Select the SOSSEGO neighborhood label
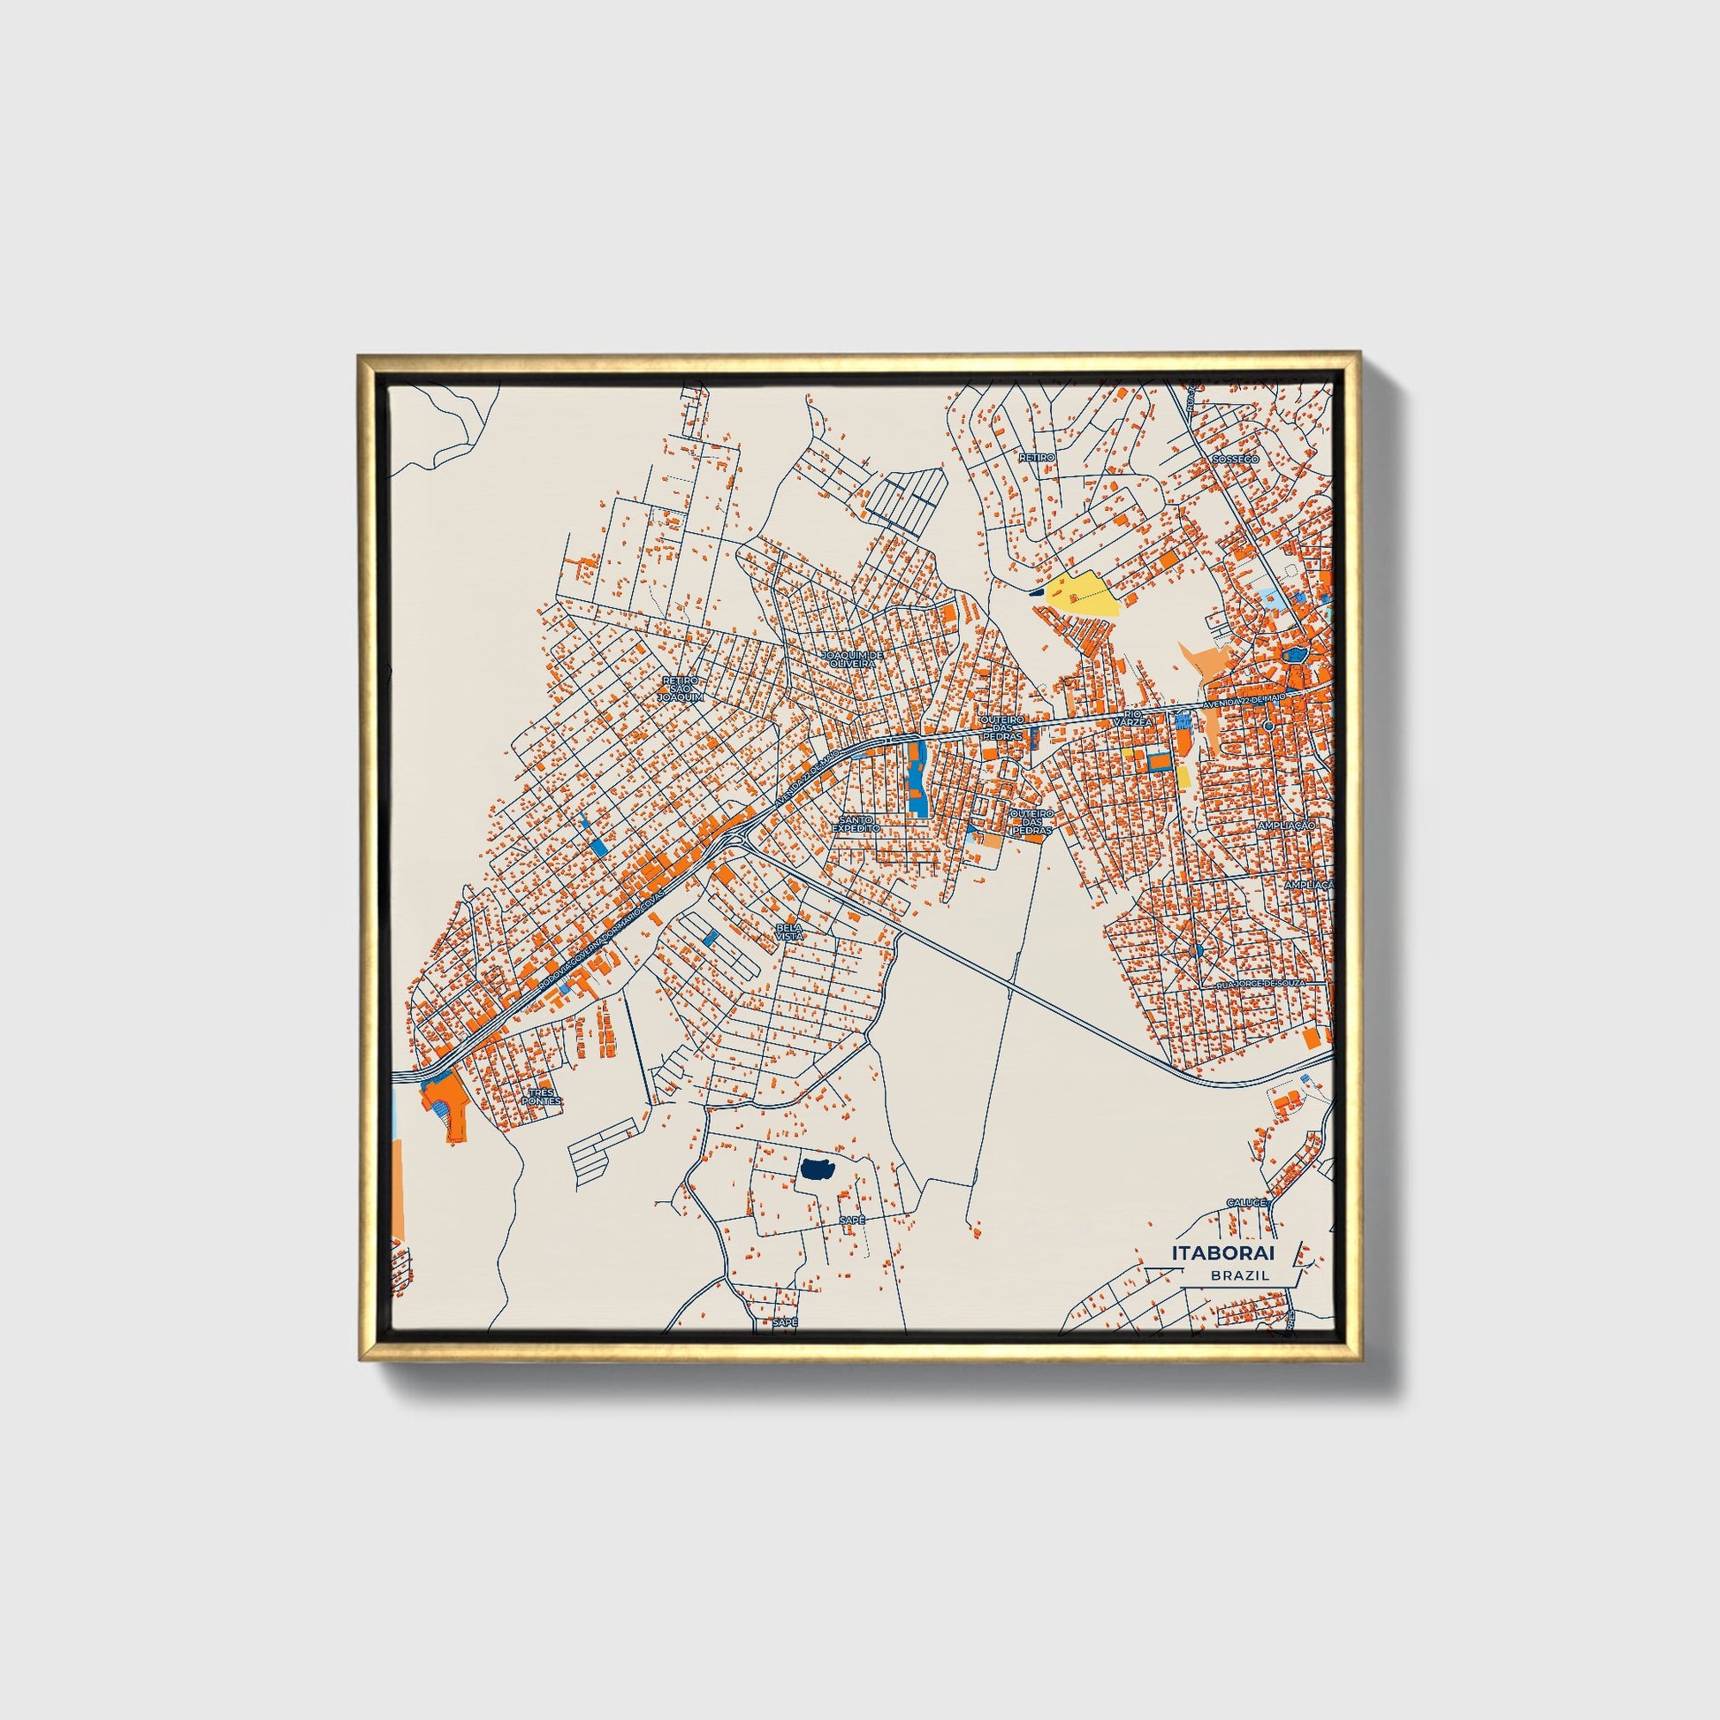coord(1234,460)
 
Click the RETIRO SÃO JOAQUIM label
coord(681,689)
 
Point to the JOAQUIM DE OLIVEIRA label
coord(852,658)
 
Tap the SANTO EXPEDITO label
coord(856,823)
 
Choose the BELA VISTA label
coord(788,932)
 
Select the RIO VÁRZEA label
coord(1131,719)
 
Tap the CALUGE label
coord(1245,1203)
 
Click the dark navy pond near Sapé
coord(815,1169)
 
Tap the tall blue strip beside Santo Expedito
coord(916,780)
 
